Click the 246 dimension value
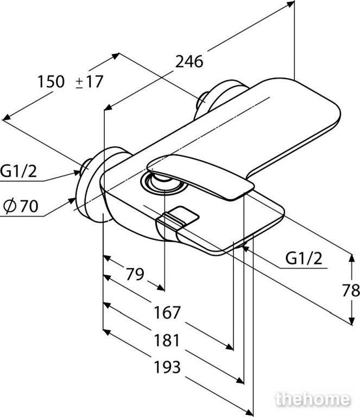189,62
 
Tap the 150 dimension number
51,81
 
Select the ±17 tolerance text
90,81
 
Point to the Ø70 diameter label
21,206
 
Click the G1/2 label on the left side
18,171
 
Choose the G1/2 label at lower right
304,258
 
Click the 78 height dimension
351,290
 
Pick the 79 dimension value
135,274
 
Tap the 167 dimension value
167,312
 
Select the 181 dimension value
167,340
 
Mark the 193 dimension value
167,367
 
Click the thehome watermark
313,399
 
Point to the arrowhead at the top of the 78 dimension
352,258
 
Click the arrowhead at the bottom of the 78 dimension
352,321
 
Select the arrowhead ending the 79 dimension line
161,287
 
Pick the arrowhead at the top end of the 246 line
291,3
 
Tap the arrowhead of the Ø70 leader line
72,200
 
